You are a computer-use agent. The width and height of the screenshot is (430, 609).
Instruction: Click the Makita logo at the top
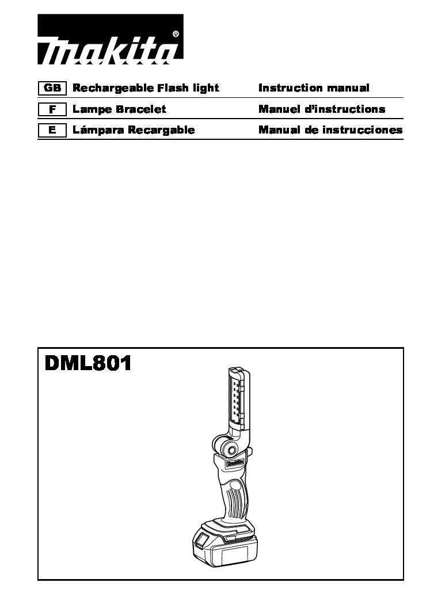(x=111, y=39)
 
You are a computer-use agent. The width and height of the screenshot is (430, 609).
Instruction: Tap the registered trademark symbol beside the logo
(x=176, y=34)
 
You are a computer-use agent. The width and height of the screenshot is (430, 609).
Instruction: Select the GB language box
(x=52, y=88)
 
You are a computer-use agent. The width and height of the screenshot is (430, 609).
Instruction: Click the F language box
(x=52, y=109)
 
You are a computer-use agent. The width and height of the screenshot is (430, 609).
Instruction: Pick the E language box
(x=52, y=130)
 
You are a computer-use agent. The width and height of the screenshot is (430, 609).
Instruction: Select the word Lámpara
(x=98, y=130)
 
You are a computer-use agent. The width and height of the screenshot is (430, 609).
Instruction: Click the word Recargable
(x=161, y=130)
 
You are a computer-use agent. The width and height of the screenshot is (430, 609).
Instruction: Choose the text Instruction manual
(x=314, y=87)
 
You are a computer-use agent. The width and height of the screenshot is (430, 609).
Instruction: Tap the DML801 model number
(x=88, y=364)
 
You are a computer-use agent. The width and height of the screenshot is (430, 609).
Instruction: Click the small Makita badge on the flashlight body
(x=235, y=463)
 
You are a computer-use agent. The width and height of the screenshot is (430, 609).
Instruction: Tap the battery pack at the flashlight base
(x=225, y=546)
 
